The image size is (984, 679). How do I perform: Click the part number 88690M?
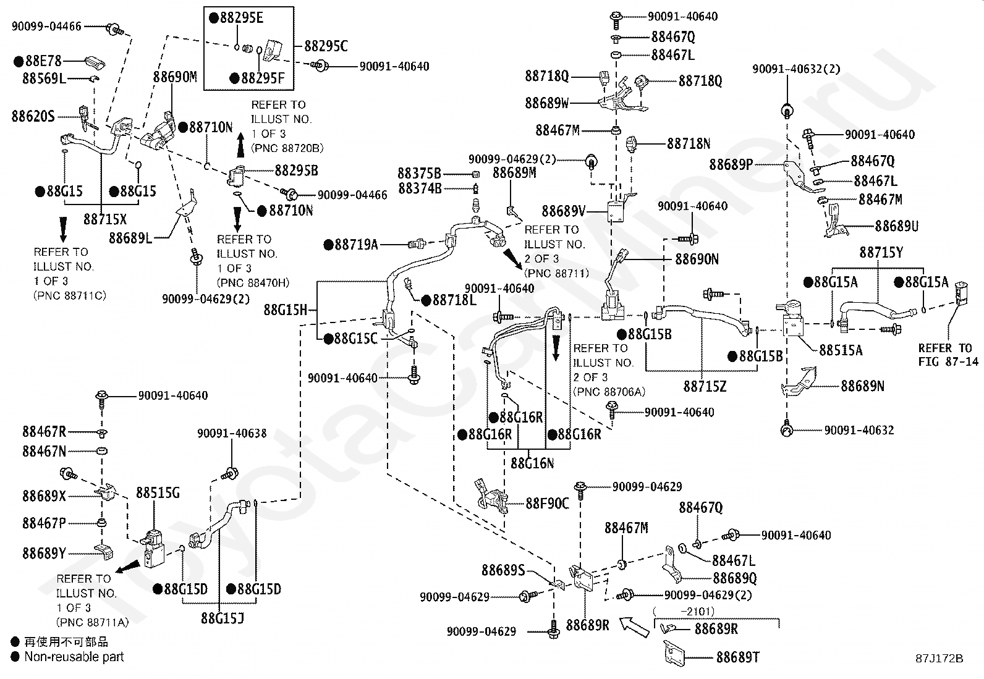coord(175,77)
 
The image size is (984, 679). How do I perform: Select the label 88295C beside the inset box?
coord(326,46)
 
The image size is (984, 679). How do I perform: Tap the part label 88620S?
coord(33,116)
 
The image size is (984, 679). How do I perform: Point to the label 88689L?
coord(130,238)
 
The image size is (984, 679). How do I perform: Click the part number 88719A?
coord(356,245)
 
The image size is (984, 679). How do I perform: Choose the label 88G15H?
coord(286,310)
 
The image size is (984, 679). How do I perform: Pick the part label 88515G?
coord(158,493)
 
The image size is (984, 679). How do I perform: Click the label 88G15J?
coord(223,618)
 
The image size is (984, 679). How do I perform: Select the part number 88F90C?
coord(548,504)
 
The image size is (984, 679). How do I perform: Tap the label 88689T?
coord(738,657)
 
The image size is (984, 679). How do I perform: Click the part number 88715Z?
coord(705,387)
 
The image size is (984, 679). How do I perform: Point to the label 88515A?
coord(841,350)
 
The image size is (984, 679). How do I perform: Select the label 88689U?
coord(897,226)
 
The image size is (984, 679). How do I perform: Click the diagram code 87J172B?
coord(939,659)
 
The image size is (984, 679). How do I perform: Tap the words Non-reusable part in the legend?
coord(74,657)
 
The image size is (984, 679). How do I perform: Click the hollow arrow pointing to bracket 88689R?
coord(634,626)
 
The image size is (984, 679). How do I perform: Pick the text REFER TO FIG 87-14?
coord(948,355)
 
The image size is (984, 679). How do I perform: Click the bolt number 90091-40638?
coord(232,434)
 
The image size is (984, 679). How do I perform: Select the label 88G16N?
coord(532,463)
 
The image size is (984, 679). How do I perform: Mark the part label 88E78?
coord(43,61)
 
